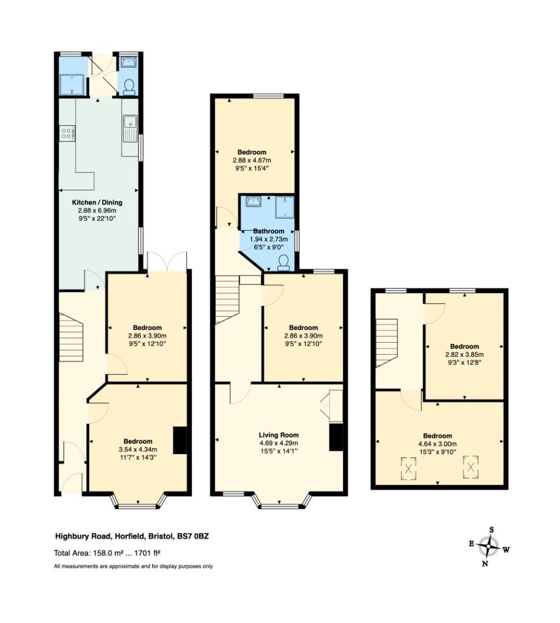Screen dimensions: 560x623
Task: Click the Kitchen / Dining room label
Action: (97, 202)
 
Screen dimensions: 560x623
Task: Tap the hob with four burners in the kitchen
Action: (67, 133)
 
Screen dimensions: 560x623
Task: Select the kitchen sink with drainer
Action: (130, 128)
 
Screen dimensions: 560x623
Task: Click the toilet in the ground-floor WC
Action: (129, 87)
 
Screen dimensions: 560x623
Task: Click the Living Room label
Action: (279, 435)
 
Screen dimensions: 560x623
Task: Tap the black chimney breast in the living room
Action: (336, 437)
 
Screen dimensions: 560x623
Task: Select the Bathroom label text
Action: (269, 231)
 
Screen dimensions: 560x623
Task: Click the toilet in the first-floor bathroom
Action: (284, 263)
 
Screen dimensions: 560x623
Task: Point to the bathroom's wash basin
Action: (253, 202)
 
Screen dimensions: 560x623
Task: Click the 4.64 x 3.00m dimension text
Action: (437, 444)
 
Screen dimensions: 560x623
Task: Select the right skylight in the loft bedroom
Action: (471, 467)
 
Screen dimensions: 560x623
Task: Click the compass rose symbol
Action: (489, 546)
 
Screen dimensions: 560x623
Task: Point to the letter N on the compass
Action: (485, 564)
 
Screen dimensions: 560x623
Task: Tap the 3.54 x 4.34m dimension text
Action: (138, 449)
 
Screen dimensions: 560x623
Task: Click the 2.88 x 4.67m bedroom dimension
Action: (252, 160)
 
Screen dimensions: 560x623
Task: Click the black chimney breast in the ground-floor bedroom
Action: (180, 440)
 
